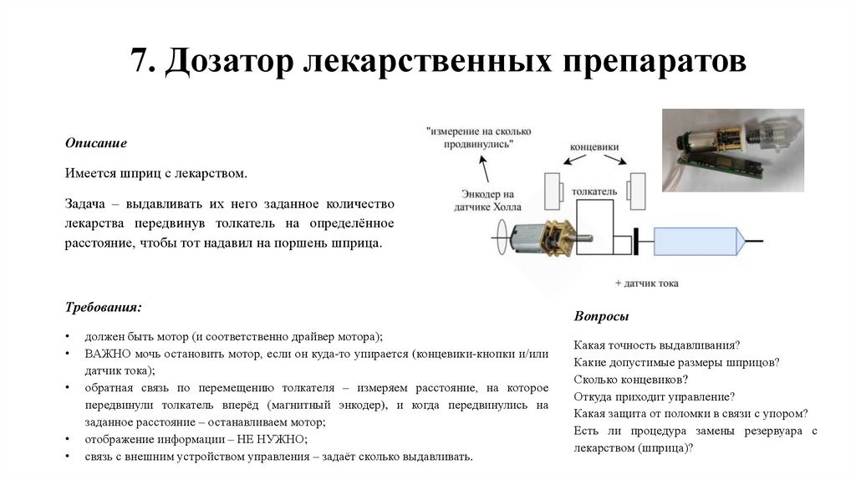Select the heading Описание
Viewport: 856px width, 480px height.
(x=96, y=143)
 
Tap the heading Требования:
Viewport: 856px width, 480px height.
(x=104, y=307)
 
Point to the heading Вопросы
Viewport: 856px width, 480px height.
(x=601, y=316)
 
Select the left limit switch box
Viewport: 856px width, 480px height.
(x=553, y=191)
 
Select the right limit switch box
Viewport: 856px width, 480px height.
(x=639, y=191)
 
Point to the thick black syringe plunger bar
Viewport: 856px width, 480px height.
(x=635, y=242)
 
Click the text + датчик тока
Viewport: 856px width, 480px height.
(x=646, y=283)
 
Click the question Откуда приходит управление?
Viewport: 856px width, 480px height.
(x=655, y=396)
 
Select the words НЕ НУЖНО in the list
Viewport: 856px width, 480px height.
(x=278, y=439)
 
